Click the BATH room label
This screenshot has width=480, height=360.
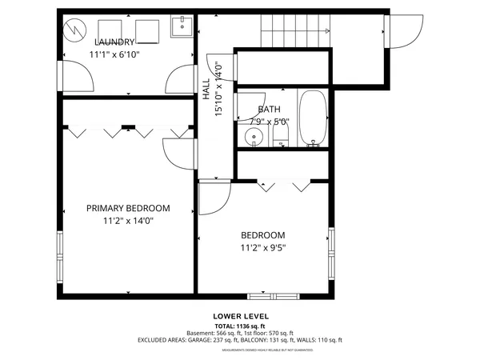[x=269, y=110]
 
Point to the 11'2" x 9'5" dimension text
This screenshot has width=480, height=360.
[x=263, y=248]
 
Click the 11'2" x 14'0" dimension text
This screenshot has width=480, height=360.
[x=128, y=221]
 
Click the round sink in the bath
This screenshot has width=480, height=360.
[x=254, y=136]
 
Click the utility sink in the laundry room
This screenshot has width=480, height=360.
[x=182, y=29]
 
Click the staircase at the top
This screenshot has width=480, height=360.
[x=294, y=31]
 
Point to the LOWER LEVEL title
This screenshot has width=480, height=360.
[x=239, y=317]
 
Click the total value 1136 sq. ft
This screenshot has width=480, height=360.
[x=257, y=326]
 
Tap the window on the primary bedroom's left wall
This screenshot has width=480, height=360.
[x=59, y=252]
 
